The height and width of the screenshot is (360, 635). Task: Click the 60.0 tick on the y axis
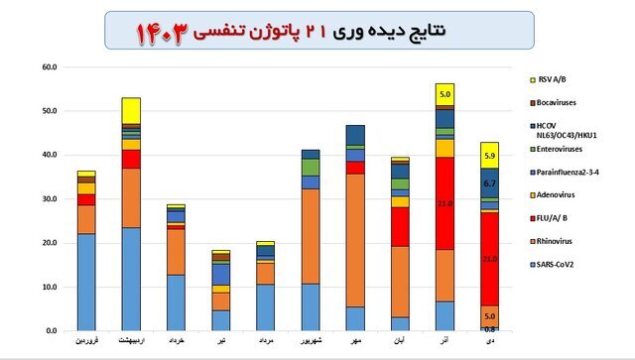click(49, 67)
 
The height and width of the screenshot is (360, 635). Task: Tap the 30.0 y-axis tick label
click(49, 198)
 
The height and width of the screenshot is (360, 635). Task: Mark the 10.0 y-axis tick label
click(49, 287)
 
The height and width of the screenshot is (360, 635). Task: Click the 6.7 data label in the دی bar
click(488, 183)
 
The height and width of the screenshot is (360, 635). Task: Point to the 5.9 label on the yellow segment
click(488, 155)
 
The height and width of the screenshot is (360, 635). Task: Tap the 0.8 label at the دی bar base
click(488, 327)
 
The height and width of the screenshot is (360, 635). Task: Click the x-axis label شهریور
click(311, 340)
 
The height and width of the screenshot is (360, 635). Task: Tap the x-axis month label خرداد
click(176, 340)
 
